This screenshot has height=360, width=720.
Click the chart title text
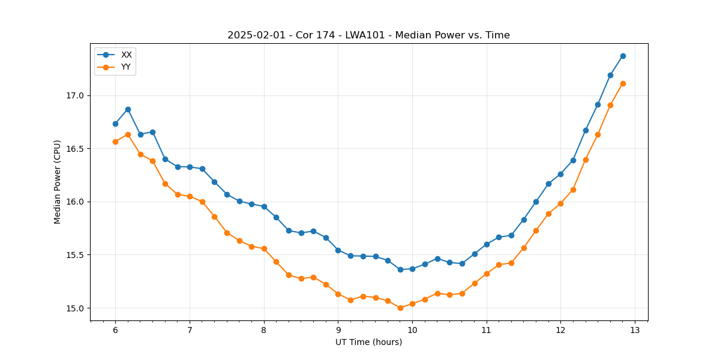[368, 35]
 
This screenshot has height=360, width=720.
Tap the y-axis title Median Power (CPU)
[58, 182]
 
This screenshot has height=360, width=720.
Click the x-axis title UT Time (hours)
[368, 342]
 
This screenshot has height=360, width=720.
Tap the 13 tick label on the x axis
[635, 330]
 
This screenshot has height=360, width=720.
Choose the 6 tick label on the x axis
[115, 330]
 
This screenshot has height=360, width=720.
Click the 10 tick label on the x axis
[412, 330]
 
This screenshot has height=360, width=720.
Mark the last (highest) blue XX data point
[623, 56]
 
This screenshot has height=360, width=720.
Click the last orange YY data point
[623, 83]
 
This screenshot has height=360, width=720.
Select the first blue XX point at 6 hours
[115, 124]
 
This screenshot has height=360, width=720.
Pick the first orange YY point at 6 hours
[115, 142]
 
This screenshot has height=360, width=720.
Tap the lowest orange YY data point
[400, 308]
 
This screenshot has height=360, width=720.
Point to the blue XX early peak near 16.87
[128, 109]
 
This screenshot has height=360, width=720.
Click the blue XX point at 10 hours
[412, 269]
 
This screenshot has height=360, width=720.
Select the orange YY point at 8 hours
[264, 248]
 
